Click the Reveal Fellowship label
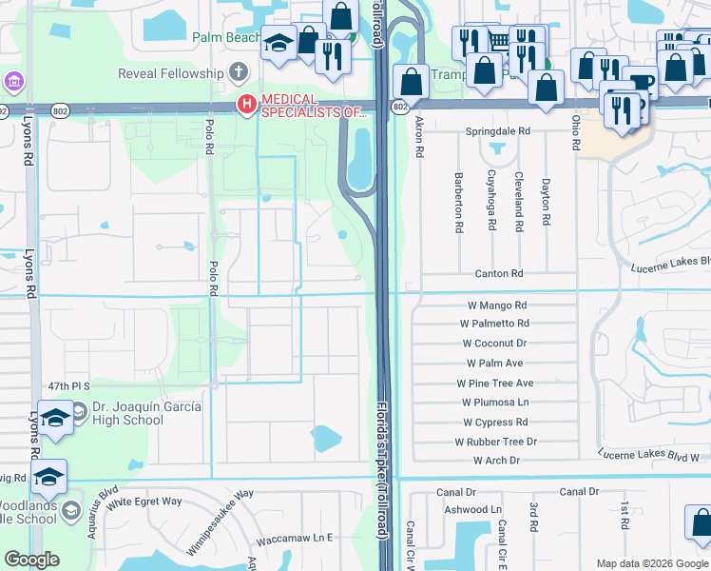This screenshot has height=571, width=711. (170, 73)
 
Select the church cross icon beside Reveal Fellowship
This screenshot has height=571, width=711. (238, 73)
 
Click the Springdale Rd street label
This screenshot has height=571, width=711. (497, 130)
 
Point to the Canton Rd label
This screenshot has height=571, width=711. (500, 274)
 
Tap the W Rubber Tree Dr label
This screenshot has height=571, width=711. (495, 442)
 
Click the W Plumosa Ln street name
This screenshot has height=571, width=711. (495, 403)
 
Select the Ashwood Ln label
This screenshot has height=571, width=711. (472, 510)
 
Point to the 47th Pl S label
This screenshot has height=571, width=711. (69, 386)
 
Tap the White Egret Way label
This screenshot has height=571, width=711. (144, 502)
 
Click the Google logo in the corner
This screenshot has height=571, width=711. (31, 560)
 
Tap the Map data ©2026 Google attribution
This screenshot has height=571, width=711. (651, 563)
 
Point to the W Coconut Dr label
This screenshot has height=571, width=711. (494, 344)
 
